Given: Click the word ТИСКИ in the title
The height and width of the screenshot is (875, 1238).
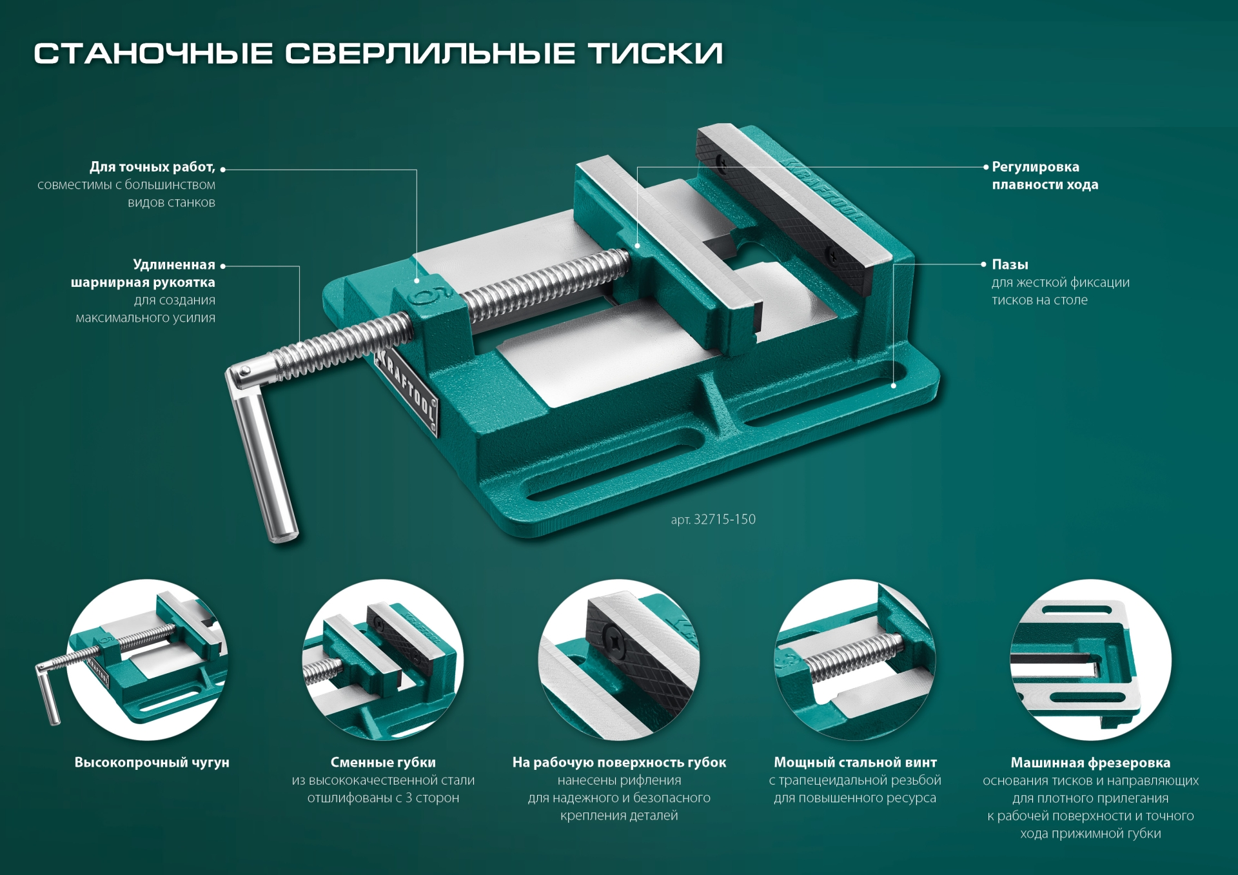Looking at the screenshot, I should click(655, 54).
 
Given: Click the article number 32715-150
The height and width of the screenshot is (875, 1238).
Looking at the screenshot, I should click(724, 520).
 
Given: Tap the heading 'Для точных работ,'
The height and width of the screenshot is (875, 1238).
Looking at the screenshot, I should click(152, 167).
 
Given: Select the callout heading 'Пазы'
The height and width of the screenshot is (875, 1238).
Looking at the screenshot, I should click(1010, 264).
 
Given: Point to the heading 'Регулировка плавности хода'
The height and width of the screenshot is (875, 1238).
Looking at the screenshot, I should click(1045, 176).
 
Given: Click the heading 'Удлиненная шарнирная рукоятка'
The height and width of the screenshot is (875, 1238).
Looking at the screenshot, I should click(143, 273).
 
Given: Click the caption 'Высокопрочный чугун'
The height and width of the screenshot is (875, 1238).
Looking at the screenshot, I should click(152, 762).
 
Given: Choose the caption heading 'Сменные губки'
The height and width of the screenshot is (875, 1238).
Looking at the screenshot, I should click(383, 762).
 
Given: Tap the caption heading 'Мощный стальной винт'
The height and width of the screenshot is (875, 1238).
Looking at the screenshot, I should click(855, 762).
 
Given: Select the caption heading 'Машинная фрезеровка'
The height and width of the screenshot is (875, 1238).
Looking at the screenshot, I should click(1090, 763).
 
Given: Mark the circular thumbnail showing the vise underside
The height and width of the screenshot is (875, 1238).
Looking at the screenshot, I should click(1090, 660).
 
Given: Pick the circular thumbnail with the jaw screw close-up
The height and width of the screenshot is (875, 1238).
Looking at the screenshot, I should click(619, 660).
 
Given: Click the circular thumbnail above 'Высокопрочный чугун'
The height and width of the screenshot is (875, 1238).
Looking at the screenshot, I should click(148, 660).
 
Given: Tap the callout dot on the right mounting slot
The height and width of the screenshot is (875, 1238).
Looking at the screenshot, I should click(894, 386).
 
